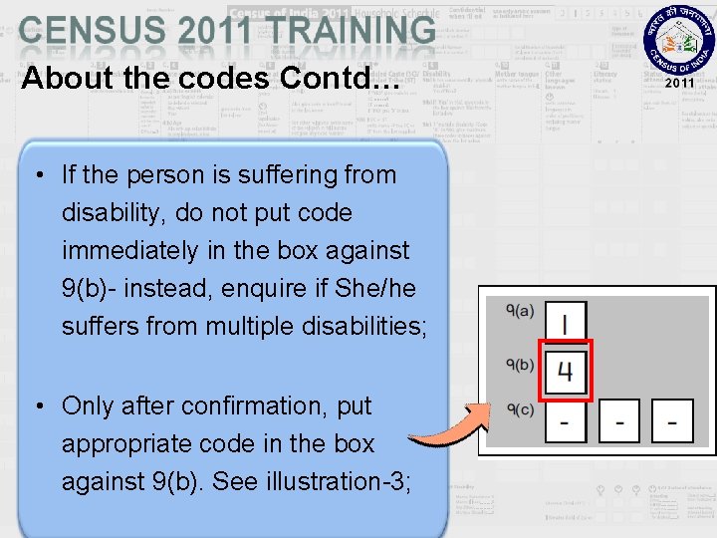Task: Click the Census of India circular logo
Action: coord(679,46)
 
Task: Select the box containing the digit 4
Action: coord(566,371)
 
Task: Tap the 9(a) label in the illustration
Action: coord(520,311)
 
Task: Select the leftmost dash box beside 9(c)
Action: coord(566,421)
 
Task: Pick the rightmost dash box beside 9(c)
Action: coord(673,421)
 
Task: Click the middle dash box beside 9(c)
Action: coord(619,421)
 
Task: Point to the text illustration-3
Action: coord(344,482)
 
